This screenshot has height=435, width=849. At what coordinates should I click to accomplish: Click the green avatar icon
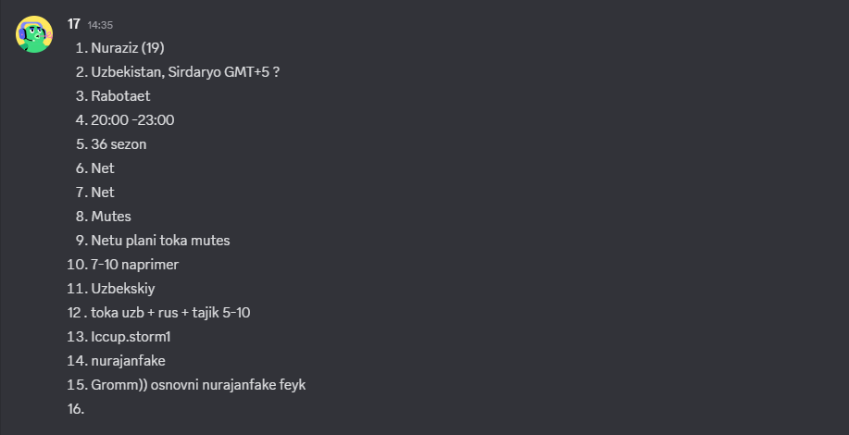tap(34, 34)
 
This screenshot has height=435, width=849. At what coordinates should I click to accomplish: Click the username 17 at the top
tap(74, 24)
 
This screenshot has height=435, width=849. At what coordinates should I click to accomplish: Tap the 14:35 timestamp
tap(100, 25)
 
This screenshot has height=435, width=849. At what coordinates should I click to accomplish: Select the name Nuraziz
tap(114, 47)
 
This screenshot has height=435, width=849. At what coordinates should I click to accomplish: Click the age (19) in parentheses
tap(153, 47)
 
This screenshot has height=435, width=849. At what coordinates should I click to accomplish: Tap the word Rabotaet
tap(120, 95)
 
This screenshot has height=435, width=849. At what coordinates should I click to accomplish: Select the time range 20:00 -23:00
tap(132, 120)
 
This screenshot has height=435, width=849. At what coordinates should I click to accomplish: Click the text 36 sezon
tap(119, 143)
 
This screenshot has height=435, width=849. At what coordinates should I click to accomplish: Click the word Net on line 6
tap(103, 168)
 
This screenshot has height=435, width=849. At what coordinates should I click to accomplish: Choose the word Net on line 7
tap(103, 193)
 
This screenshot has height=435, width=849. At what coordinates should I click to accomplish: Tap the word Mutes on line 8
tap(111, 217)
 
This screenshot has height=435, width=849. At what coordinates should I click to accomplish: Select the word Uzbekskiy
tap(123, 289)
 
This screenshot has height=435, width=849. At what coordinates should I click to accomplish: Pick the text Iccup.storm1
tap(131, 337)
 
